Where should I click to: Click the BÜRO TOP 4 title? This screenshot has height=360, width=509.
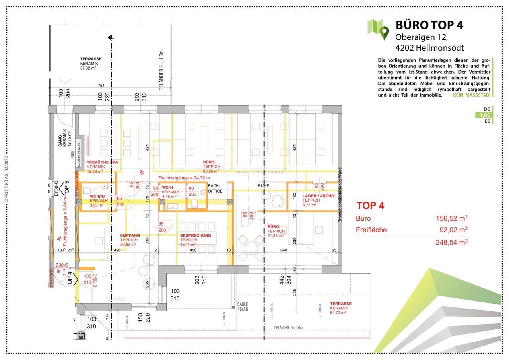(429, 25)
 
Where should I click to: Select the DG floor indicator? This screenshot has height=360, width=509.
(487, 109)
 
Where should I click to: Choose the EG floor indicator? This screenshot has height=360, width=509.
(487, 121)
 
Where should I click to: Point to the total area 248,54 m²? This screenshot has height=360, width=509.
(452, 242)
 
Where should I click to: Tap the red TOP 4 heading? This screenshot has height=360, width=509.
(370, 206)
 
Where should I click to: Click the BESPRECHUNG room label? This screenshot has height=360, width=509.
(195, 235)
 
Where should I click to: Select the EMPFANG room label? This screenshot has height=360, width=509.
(130, 235)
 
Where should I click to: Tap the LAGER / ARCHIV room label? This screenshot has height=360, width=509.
(319, 196)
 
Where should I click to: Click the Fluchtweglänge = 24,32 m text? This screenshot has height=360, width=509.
(184, 178)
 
